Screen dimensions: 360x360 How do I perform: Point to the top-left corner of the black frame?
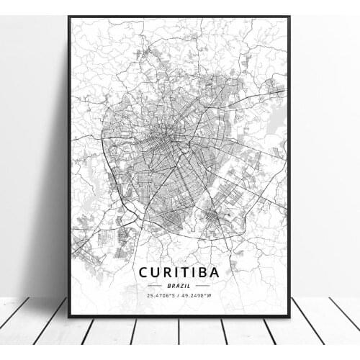69,17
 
